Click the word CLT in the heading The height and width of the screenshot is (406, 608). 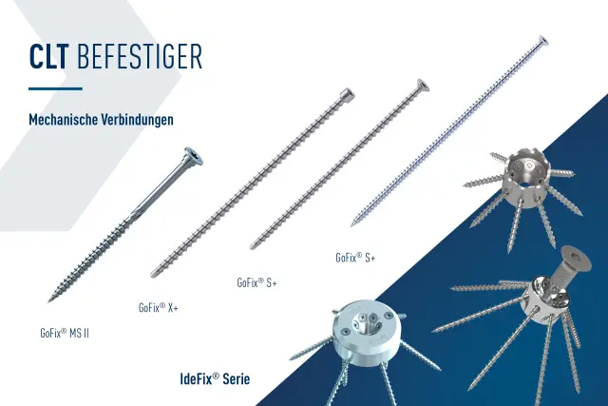48,57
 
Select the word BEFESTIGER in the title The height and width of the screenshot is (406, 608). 140,57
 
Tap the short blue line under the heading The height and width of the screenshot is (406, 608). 55,88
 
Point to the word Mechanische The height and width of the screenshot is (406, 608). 63,119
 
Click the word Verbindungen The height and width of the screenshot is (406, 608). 137,119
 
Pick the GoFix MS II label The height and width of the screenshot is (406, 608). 65,333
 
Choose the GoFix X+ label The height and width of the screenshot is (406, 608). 159,307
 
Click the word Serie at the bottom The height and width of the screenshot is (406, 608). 237,378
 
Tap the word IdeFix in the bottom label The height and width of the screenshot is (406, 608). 199,378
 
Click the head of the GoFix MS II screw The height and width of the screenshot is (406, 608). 194,156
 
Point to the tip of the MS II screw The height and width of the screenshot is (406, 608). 48,300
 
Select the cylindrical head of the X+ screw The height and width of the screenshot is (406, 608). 347,94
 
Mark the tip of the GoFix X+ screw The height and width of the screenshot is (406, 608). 152,275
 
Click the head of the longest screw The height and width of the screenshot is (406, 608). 542,40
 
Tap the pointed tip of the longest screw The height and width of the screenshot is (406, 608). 352,224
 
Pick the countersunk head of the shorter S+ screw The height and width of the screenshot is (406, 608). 423,86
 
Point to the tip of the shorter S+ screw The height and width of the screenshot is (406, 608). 252,247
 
